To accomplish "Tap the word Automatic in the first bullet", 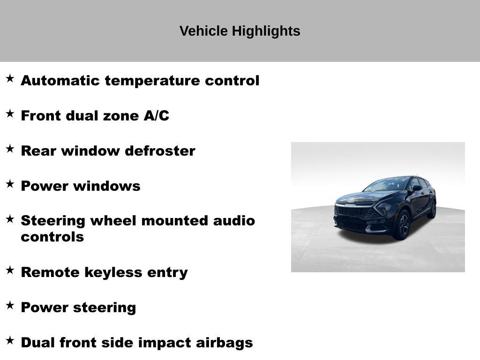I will point(60,81).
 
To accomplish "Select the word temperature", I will point(153,81).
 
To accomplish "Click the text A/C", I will point(157,116).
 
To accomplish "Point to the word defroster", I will point(160,151).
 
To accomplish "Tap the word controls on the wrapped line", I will point(52,237).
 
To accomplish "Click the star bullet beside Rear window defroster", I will point(10,149).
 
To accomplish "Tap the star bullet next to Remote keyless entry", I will point(10,270).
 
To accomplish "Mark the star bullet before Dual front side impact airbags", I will point(10,341).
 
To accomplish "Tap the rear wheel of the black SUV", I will point(433,210).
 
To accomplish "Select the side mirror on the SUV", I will point(416,188).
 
